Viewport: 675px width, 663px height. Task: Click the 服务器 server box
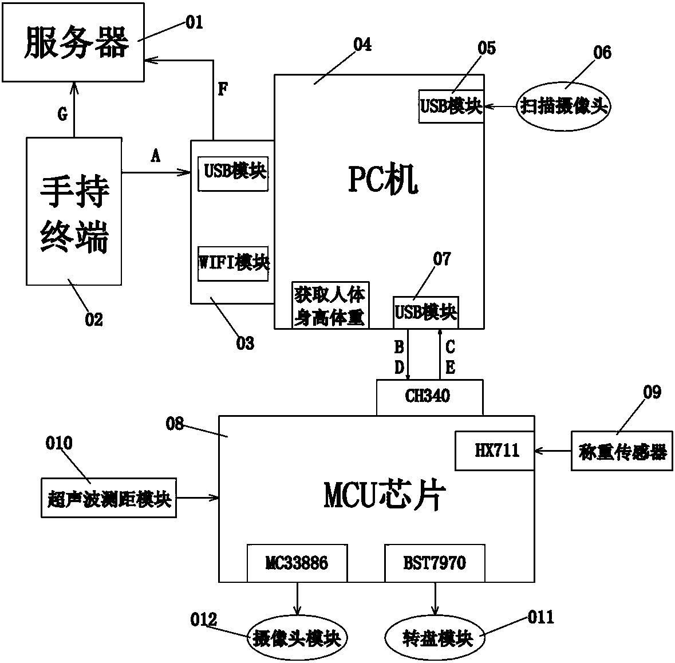(x=73, y=42)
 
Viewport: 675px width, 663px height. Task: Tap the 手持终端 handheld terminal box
(x=74, y=211)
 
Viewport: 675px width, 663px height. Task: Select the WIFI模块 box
(x=233, y=263)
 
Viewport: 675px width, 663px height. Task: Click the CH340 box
(x=429, y=397)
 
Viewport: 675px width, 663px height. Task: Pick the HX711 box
(x=495, y=451)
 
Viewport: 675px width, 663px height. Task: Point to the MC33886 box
(x=297, y=563)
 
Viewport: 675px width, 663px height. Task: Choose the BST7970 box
(x=435, y=563)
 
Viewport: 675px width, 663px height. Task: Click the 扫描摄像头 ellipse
(x=563, y=106)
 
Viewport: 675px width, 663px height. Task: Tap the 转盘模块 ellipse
(x=435, y=638)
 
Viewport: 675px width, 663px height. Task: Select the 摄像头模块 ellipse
(x=297, y=638)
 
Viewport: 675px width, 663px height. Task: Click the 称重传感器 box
(x=622, y=451)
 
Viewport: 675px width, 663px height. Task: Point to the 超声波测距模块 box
(x=109, y=498)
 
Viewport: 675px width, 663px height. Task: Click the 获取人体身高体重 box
(x=330, y=305)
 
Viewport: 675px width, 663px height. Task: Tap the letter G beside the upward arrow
(x=63, y=114)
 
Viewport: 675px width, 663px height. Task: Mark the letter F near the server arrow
(x=223, y=89)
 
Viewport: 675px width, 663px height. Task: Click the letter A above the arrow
(x=155, y=155)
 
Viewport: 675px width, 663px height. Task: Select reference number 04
(x=362, y=44)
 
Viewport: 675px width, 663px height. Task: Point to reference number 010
(x=59, y=443)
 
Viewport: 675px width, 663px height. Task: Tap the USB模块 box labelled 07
(x=426, y=313)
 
